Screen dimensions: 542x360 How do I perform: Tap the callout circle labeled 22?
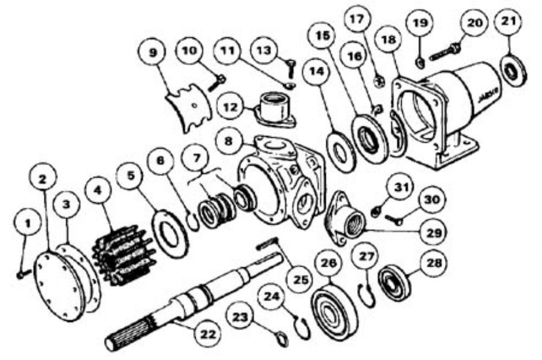coord(208,334)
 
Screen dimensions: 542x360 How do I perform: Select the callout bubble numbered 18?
coord(389,40)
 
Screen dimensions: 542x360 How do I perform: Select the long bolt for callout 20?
coord(444,52)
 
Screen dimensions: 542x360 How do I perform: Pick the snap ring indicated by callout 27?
coord(367,295)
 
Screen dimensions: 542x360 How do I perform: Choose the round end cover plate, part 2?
coord(60,286)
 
